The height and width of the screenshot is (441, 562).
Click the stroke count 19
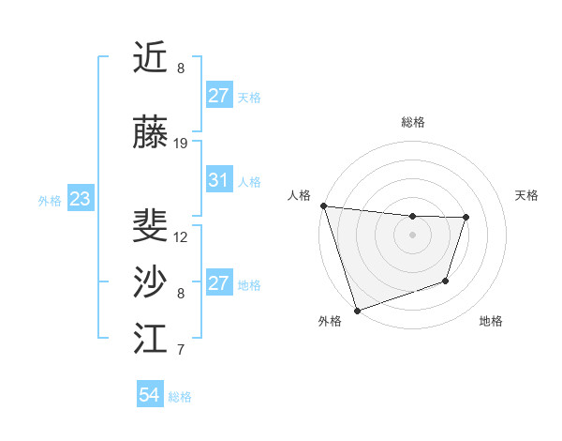(181, 143)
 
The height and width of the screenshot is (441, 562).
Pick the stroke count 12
(181, 236)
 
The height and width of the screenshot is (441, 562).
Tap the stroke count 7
(181, 350)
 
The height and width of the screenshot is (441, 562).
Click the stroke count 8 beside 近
(181, 68)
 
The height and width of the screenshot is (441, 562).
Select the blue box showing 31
(219, 180)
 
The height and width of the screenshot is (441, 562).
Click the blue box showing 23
(80, 199)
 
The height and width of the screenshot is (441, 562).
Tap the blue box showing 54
(149, 396)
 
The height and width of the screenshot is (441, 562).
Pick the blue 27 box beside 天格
(219, 96)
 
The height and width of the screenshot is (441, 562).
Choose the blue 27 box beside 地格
(219, 283)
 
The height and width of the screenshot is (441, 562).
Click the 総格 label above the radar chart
(413, 122)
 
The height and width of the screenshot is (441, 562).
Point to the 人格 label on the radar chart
(300, 195)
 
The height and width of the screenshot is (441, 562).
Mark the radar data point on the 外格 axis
(357, 310)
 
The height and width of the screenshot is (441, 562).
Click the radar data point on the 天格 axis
(466, 218)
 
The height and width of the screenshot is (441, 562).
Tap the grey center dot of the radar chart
(412, 235)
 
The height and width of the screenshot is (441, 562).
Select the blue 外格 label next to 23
(49, 200)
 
